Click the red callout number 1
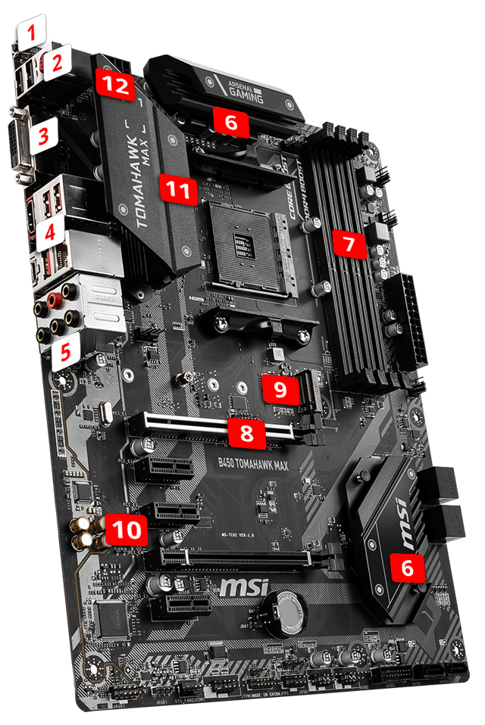point(31,33)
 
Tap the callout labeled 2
point(55,64)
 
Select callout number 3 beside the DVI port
point(44,137)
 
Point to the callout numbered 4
point(48,232)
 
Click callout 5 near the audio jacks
point(66,350)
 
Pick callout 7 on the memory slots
point(348,244)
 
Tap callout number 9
point(280,389)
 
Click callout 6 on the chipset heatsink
point(407,569)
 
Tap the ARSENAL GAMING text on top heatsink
point(246,90)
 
